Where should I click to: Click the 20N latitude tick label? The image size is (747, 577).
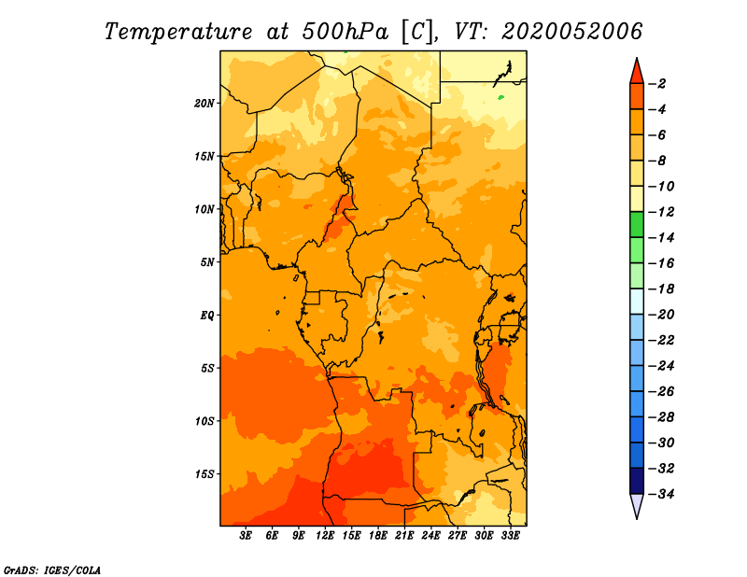(x=204, y=104)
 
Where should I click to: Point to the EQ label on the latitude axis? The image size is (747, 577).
(x=206, y=316)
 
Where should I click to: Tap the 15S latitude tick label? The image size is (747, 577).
(x=204, y=474)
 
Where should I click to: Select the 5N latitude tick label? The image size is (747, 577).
(x=207, y=262)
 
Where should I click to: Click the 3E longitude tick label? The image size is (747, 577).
(x=246, y=536)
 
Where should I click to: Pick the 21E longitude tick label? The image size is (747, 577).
(x=404, y=536)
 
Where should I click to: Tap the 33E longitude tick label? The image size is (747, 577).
(x=510, y=536)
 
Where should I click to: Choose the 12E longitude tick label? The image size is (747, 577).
(x=324, y=536)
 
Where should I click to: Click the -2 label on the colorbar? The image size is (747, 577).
(x=657, y=84)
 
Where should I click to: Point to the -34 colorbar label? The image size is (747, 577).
(x=661, y=494)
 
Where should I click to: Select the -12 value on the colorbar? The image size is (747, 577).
(x=661, y=212)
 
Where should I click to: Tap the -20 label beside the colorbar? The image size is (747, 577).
(x=661, y=315)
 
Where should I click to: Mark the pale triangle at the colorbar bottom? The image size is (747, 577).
(x=637, y=504)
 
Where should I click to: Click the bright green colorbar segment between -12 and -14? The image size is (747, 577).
(x=637, y=224)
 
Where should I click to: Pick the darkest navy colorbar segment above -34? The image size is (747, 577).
(x=637, y=481)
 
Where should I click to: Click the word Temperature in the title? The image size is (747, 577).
(x=178, y=32)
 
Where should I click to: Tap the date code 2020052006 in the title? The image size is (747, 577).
(x=571, y=32)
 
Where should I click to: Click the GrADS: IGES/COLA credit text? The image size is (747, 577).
(x=52, y=570)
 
